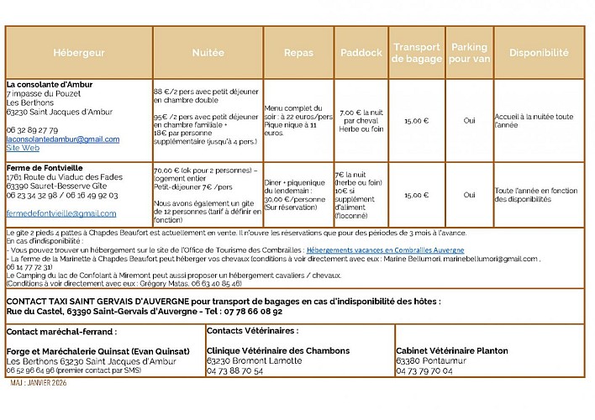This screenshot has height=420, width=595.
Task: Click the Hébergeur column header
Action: pos(79,52)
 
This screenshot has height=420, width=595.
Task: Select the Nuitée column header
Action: pos(208,52)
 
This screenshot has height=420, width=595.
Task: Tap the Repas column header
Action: pos(298,52)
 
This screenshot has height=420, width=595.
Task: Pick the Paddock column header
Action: pos(361,52)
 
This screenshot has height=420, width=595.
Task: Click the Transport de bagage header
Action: pos(418,52)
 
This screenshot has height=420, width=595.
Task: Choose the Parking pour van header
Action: pos(470,52)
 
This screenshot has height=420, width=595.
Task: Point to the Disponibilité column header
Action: pos(538,52)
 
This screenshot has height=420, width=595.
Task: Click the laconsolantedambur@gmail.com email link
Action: pos(63,139)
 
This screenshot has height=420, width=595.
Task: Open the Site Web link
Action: pos(23,147)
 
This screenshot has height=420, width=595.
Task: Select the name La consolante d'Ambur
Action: pos(50,84)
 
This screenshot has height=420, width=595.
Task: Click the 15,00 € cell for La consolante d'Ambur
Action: pos(416,120)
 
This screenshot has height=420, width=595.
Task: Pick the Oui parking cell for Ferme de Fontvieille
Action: pos(469,194)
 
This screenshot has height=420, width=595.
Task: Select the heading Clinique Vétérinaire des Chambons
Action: pos(278,350)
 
